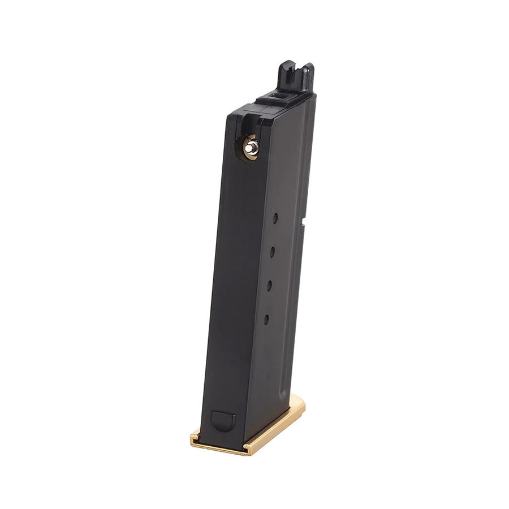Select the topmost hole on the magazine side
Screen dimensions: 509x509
point(275,218)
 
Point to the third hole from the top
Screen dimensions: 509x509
point(269,286)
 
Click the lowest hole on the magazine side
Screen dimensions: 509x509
point(266,319)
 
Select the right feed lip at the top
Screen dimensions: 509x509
point(308,76)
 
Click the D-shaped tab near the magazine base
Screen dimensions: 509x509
point(222,421)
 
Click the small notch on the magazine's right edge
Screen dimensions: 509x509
point(303,227)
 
